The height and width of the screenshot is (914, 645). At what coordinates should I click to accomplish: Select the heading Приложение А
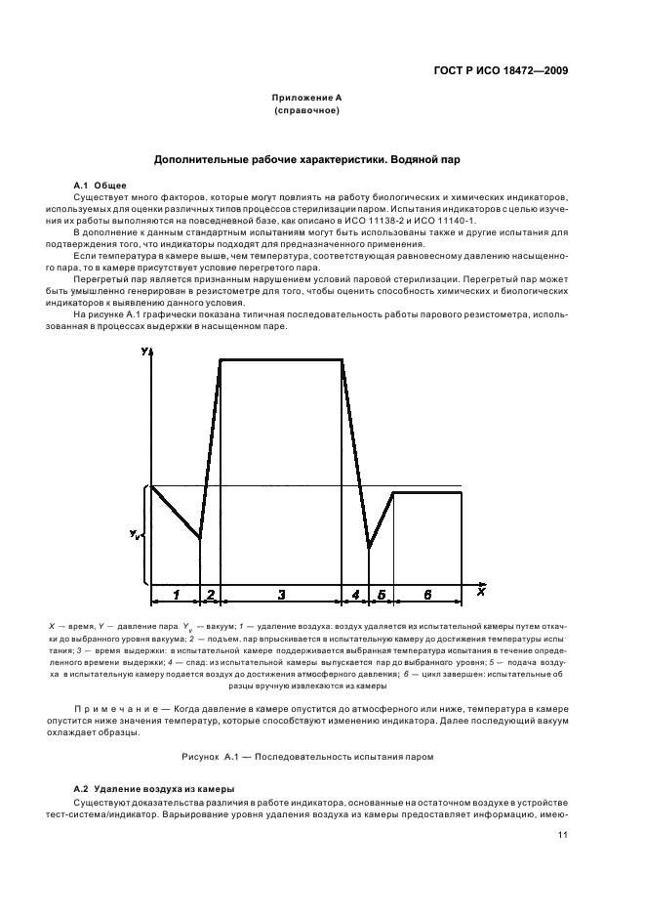click(x=305, y=100)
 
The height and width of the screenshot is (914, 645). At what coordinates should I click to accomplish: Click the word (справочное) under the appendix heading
click(x=305, y=112)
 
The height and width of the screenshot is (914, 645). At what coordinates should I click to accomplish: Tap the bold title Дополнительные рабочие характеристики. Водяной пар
click(x=306, y=158)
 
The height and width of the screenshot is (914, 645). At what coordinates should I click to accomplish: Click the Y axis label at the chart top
click(x=144, y=351)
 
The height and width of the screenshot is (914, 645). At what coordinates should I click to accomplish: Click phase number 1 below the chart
click(x=176, y=594)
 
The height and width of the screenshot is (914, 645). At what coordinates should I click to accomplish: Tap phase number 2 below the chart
click(x=210, y=594)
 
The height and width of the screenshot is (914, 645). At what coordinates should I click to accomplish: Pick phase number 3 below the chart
click(x=281, y=594)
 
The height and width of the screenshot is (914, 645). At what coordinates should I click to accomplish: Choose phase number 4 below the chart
click(x=355, y=594)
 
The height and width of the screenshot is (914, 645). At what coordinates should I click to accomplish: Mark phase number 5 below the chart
click(x=382, y=594)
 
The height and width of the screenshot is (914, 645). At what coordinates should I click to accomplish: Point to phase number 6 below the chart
click(x=427, y=594)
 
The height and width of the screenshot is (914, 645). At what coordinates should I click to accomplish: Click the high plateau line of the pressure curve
click(x=281, y=360)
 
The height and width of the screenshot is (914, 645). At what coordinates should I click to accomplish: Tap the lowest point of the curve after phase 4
click(x=369, y=547)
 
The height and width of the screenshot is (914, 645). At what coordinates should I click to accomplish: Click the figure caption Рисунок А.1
click(x=321, y=756)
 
